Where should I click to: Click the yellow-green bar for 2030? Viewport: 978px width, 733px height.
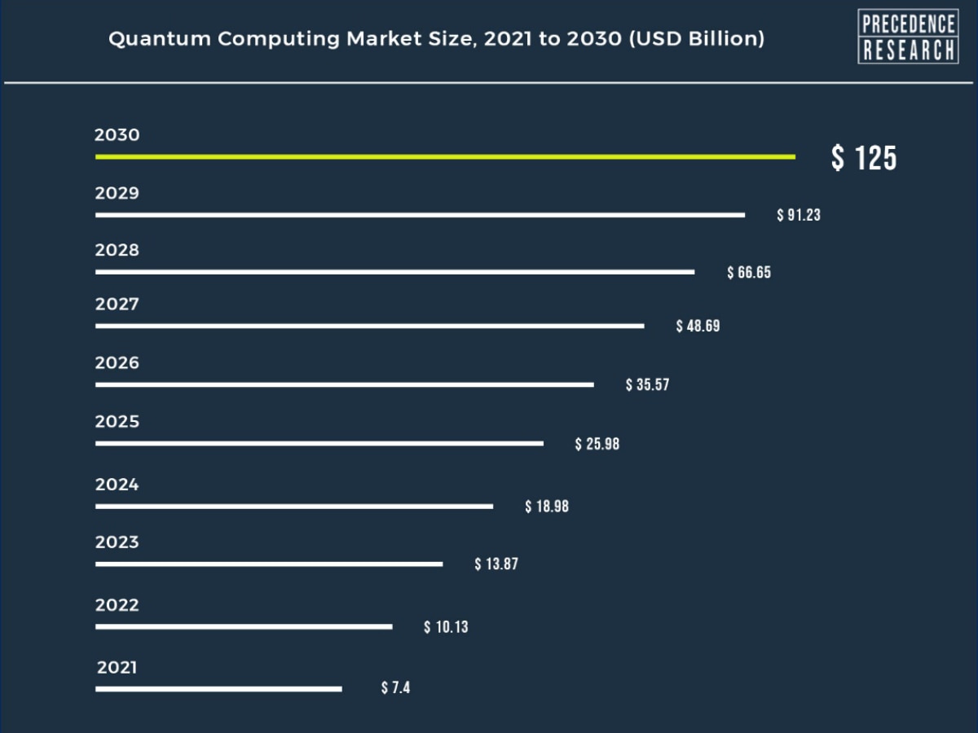445,156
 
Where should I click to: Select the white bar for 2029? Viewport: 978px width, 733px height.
420,215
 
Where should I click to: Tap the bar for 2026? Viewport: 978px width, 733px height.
344,384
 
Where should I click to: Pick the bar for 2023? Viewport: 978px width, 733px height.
269,564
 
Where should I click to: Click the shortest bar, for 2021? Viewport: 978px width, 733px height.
218,689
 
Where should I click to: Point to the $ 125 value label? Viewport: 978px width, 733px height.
863,157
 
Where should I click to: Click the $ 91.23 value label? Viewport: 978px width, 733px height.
799,215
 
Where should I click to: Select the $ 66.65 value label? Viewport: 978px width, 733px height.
749,272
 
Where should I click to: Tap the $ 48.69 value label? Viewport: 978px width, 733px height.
698,326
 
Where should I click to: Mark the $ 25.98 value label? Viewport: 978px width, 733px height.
597,444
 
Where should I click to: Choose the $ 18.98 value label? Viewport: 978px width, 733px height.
547,507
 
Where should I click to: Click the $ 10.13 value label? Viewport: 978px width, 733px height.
446,627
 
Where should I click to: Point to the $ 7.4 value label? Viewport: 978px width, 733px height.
395,688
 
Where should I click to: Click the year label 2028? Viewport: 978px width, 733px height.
117,250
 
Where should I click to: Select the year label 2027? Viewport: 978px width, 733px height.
117,305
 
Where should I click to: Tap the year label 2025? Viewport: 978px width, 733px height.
117,422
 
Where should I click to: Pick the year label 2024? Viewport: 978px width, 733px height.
117,485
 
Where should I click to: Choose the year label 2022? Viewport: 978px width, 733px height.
117,605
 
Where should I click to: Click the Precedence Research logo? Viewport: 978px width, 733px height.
908,37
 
